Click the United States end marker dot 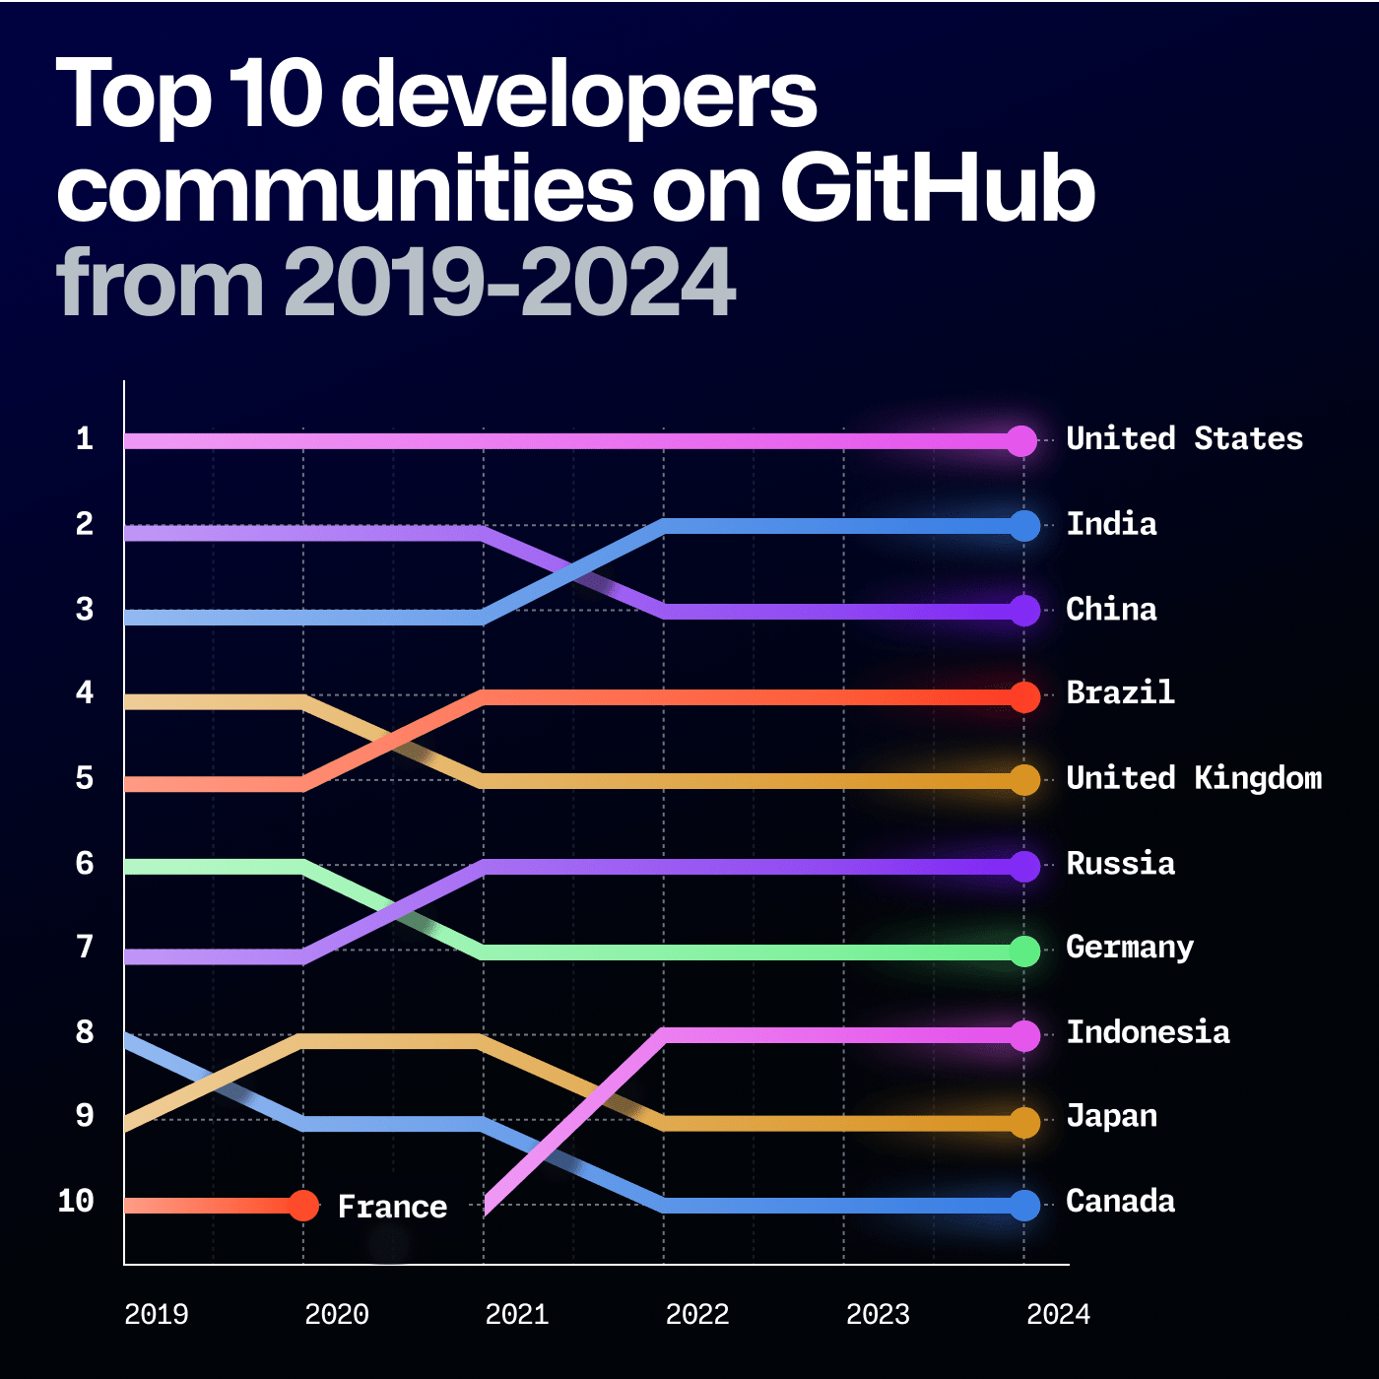(1022, 440)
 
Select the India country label (1111, 524)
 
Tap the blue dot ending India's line (1024, 526)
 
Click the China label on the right (1111, 610)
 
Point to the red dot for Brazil (1024, 696)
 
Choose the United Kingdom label (1194, 778)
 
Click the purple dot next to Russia (1024, 867)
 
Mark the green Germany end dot (1024, 952)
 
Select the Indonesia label (1148, 1032)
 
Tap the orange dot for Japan (1024, 1123)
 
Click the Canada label (1120, 1202)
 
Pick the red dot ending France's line (303, 1206)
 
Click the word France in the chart (392, 1207)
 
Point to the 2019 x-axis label (157, 1314)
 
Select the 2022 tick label (697, 1314)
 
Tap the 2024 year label (1058, 1314)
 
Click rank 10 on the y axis (76, 1202)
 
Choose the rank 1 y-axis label (85, 439)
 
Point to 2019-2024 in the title (509, 283)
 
